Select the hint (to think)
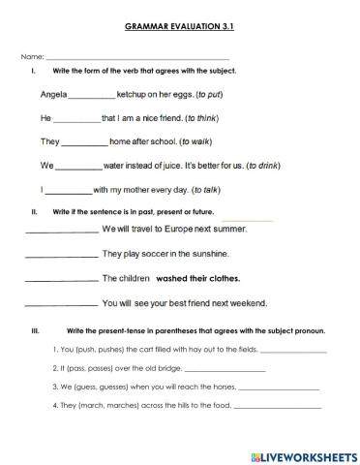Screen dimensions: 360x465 pyautogui.click(x=193, y=119)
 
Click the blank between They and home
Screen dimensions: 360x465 pyautogui.click(x=84, y=143)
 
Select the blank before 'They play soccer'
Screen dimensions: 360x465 pyautogui.click(x=60, y=256)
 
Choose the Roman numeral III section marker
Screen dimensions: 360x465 pyautogui.click(x=35, y=330)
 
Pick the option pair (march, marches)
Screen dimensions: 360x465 pyautogui.click(x=101, y=406)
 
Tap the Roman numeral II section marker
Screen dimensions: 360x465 pyautogui.click(x=35, y=210)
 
